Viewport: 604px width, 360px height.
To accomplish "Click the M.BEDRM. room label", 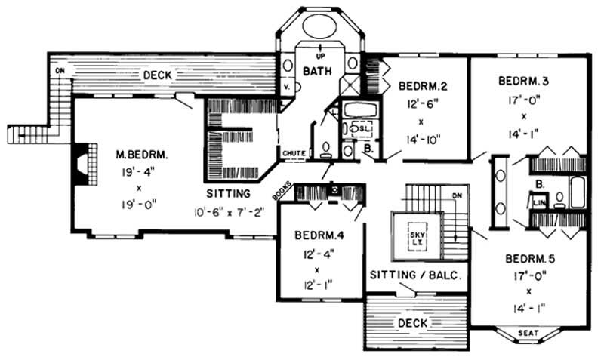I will (142, 154).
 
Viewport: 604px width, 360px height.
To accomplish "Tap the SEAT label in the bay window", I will (528, 332).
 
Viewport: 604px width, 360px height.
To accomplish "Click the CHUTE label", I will (294, 153).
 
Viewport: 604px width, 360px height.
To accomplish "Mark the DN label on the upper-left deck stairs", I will (59, 70).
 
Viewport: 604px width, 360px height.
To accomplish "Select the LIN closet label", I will (538, 202).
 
